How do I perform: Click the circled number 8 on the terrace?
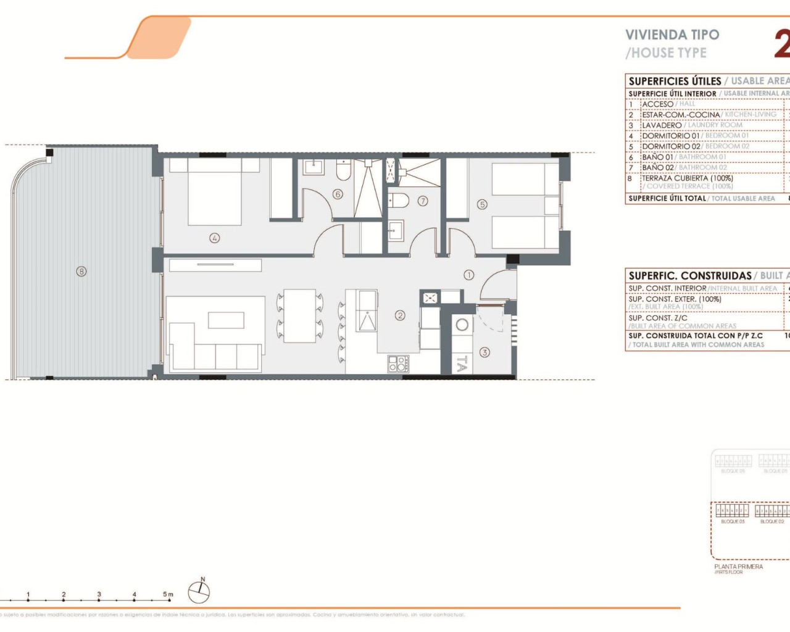81,271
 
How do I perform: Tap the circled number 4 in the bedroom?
214,238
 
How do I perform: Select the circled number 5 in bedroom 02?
482,204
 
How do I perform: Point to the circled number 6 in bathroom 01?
338,194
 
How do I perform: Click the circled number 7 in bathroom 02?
423,201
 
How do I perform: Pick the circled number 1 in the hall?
469,275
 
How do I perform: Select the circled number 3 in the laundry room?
484,352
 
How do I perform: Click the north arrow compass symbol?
199,592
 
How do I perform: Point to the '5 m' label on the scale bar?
168,594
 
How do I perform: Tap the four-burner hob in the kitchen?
398,364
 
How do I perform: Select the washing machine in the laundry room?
462,325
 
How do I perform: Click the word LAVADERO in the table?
662,125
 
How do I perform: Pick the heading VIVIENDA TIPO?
672,35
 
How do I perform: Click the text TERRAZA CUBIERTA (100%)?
687,178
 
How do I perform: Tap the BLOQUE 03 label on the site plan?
733,522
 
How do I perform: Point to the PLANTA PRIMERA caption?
738,567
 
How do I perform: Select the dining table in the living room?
299,316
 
